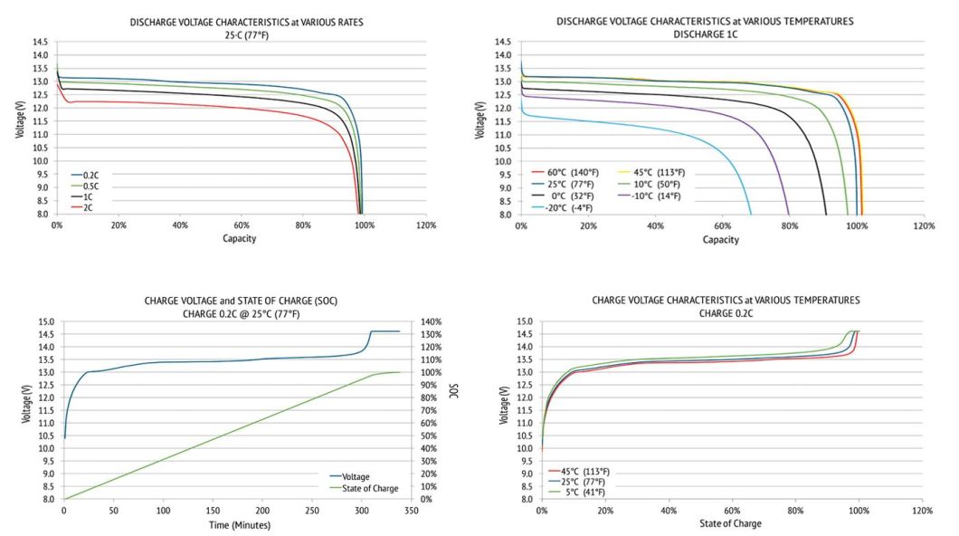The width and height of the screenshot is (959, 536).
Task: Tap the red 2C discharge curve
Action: tap(226, 106)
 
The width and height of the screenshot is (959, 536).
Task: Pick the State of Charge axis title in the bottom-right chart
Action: tap(730, 523)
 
